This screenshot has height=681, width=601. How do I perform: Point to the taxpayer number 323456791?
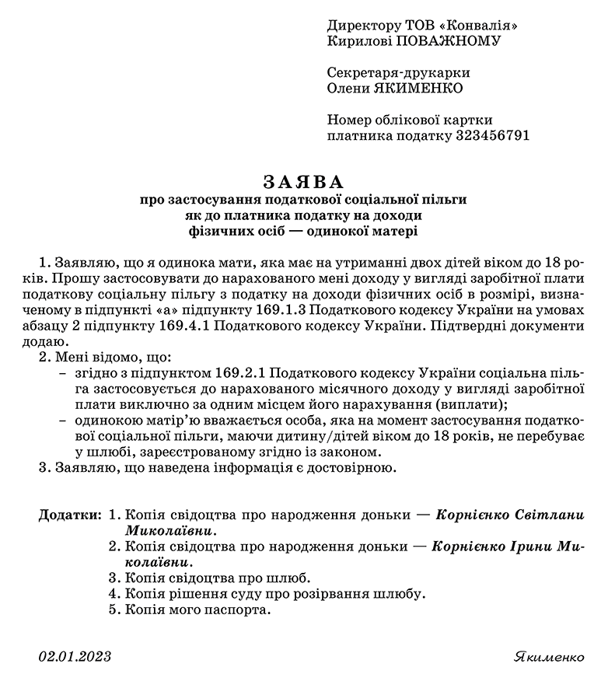[x=491, y=135]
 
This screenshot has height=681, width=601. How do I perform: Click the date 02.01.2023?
[x=75, y=657]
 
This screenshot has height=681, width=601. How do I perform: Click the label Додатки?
[x=69, y=515]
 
